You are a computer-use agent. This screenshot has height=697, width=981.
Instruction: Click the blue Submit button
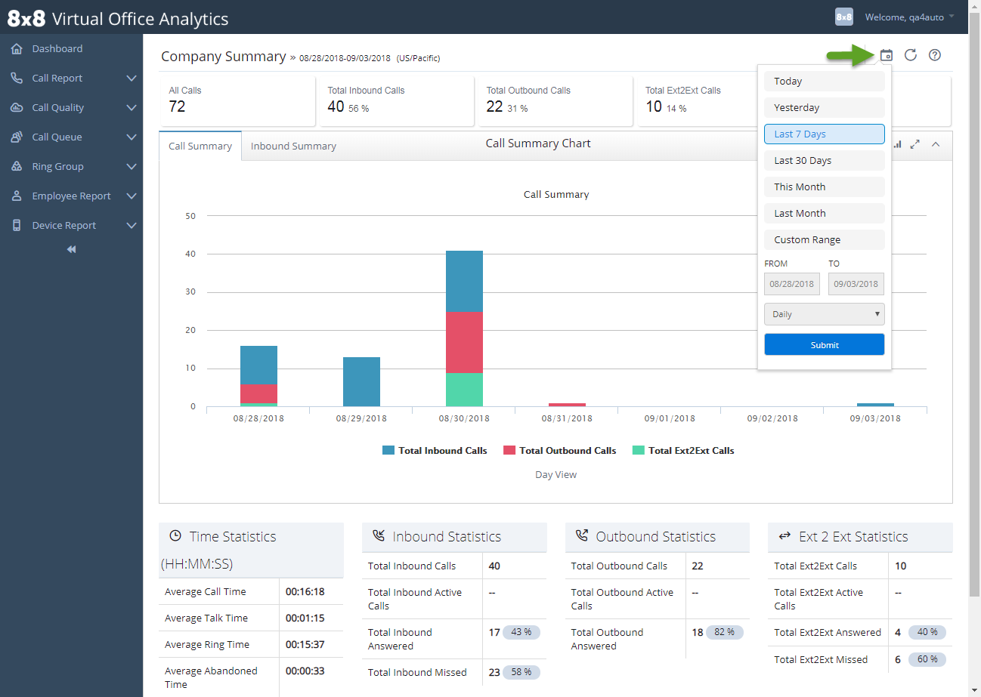pyautogui.click(x=824, y=344)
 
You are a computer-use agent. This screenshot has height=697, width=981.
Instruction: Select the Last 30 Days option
pyautogui.click(x=824, y=160)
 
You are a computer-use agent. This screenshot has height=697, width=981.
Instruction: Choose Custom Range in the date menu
pyautogui.click(x=824, y=239)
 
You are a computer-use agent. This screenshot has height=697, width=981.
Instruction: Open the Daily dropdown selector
pyautogui.click(x=824, y=314)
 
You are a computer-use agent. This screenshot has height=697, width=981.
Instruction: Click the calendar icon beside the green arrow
pyautogui.click(x=887, y=55)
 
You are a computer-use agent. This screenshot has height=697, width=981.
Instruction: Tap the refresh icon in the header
pyautogui.click(x=911, y=55)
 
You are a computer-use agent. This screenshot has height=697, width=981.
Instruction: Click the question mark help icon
pyautogui.click(x=935, y=55)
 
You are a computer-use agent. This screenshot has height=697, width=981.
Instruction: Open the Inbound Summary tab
pyautogui.click(x=293, y=146)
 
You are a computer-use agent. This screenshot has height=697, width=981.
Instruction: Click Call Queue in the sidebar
pyautogui.click(x=57, y=137)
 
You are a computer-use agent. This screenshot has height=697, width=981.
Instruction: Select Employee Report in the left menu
pyautogui.click(x=71, y=196)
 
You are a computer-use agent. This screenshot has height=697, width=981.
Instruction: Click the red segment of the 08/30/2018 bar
pyautogui.click(x=464, y=342)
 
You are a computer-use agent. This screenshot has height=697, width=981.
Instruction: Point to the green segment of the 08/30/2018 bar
pyautogui.click(x=464, y=390)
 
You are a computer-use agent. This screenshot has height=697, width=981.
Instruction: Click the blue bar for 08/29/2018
pyautogui.click(x=361, y=381)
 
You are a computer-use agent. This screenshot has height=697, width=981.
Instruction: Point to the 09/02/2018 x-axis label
pyautogui.click(x=772, y=418)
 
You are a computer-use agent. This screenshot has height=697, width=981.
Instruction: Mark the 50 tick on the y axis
pyautogui.click(x=190, y=216)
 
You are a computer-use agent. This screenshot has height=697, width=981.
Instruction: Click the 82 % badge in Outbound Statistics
pyautogui.click(x=724, y=632)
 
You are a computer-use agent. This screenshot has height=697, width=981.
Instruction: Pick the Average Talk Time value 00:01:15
pyautogui.click(x=305, y=618)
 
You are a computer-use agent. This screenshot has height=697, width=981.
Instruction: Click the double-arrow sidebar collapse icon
pyautogui.click(x=71, y=249)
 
